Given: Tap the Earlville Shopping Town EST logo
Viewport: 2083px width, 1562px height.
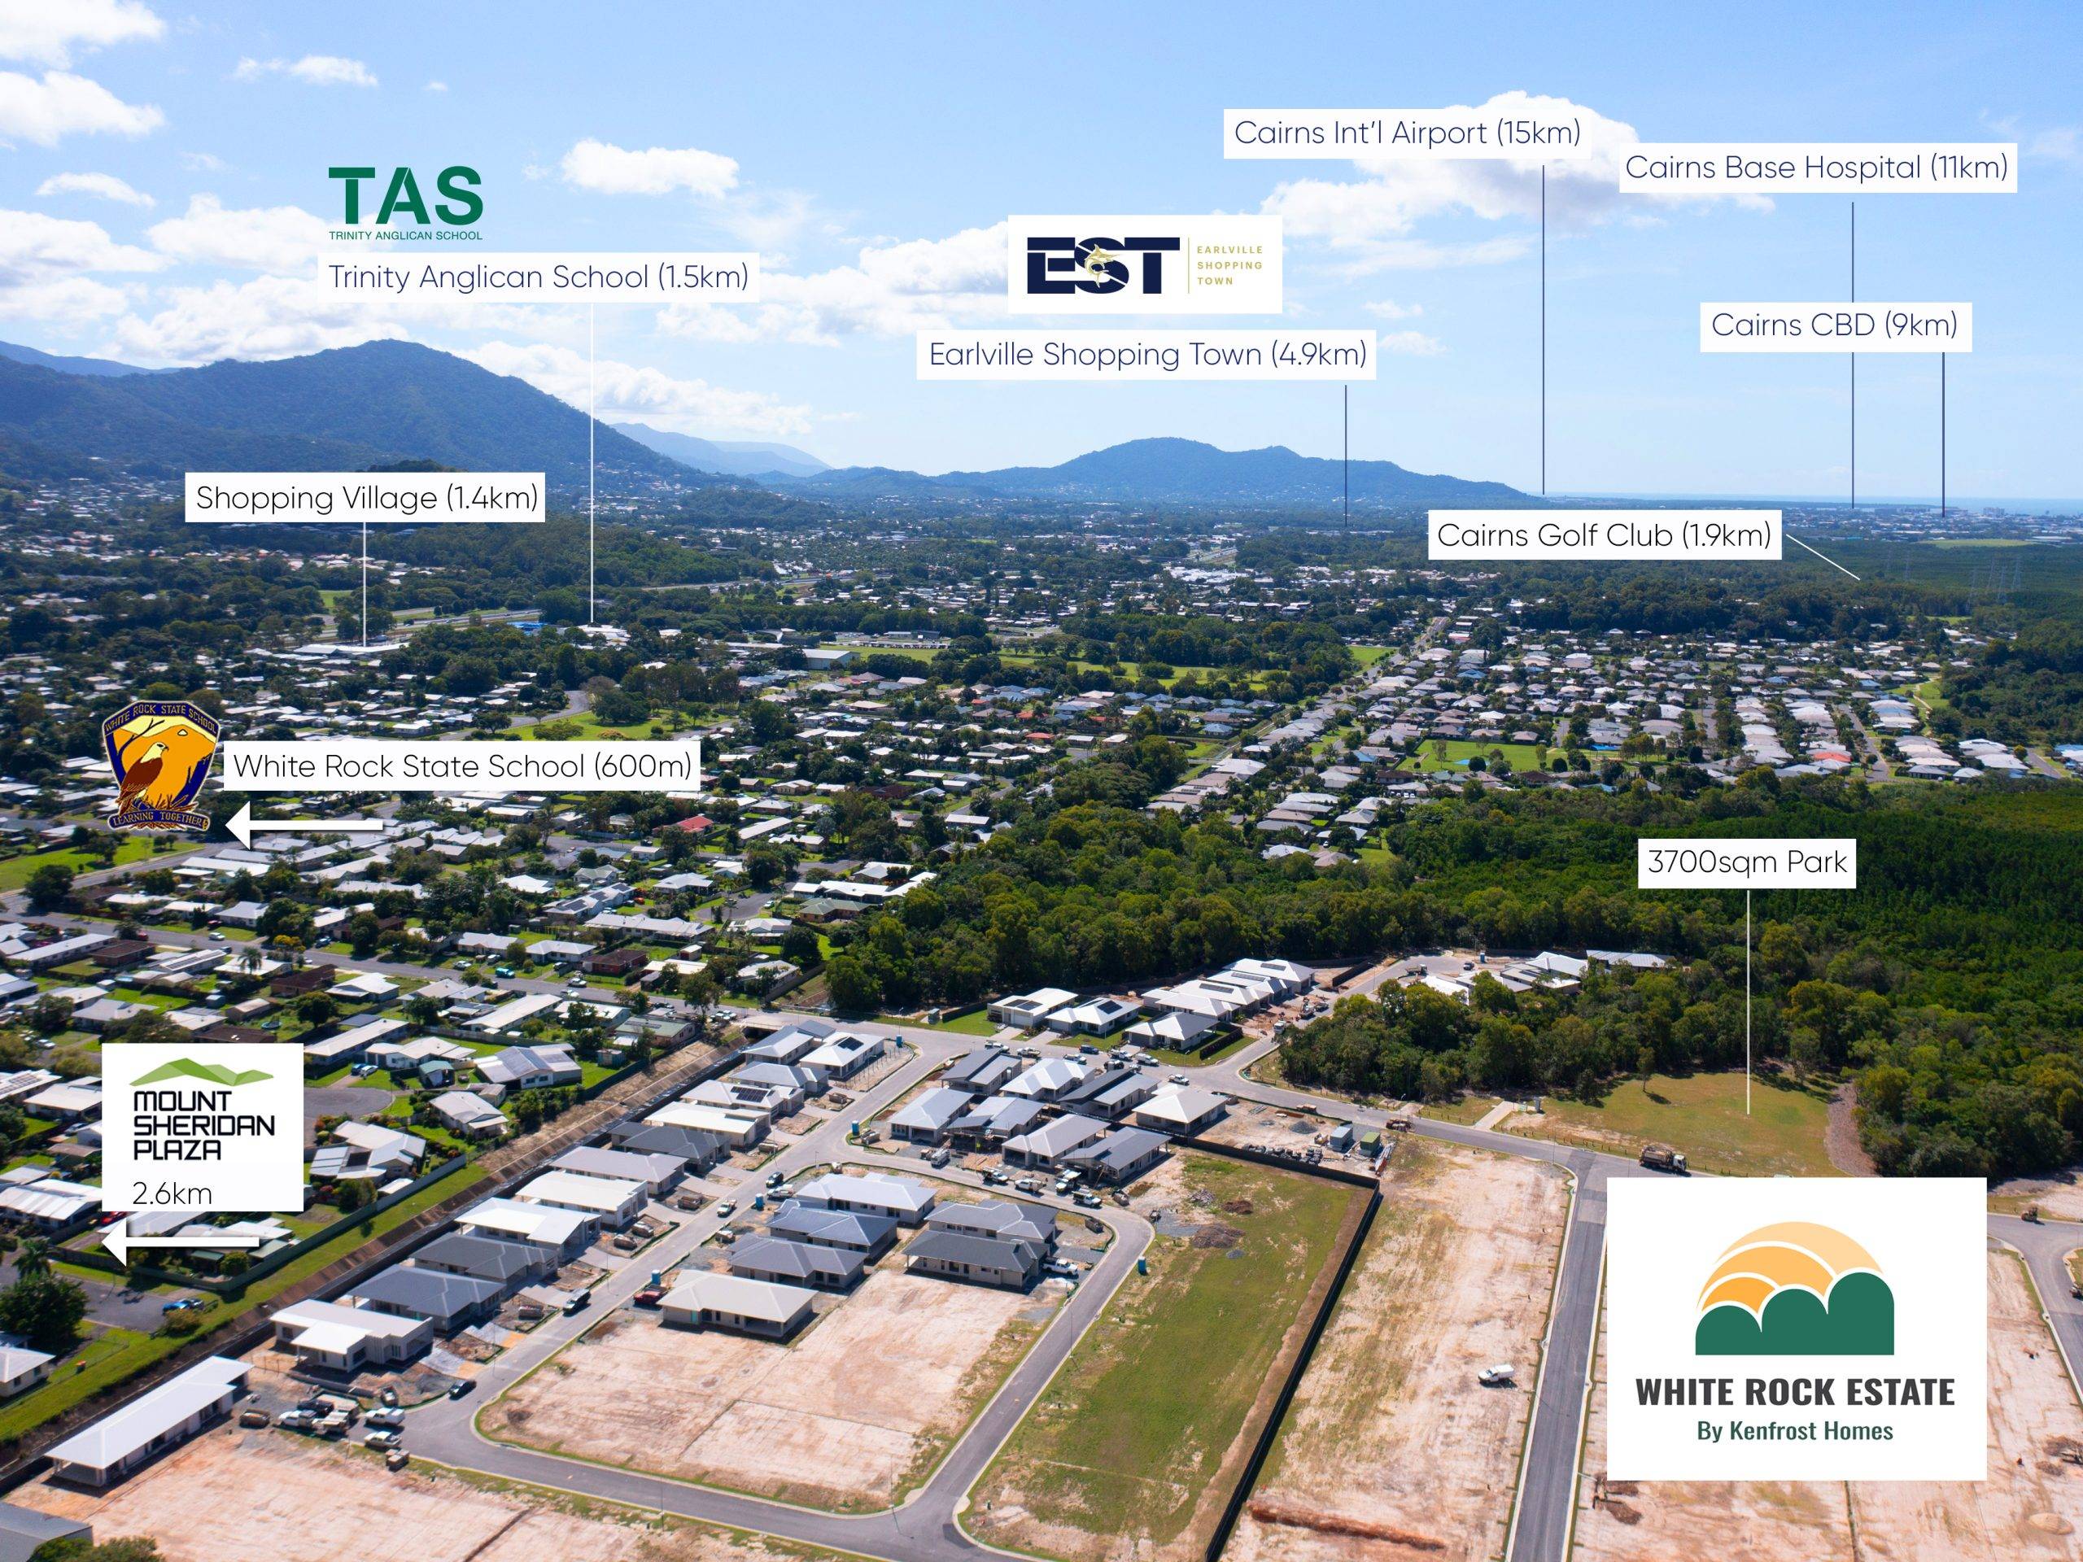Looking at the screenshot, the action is pyautogui.click(x=1144, y=264).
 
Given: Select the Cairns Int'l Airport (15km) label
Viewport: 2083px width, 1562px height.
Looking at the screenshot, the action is pyautogui.click(x=1407, y=133).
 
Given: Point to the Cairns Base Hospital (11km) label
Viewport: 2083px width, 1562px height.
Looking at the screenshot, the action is pyautogui.click(x=1816, y=168).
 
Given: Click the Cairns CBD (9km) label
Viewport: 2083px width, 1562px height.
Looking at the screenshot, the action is pyautogui.click(x=1834, y=325).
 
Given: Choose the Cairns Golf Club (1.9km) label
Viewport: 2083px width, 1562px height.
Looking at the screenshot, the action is pyautogui.click(x=1604, y=534).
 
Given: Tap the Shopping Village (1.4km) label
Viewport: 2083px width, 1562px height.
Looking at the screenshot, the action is pyautogui.click(x=366, y=497).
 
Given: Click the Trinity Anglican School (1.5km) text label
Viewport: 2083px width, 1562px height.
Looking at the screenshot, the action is pyautogui.click(x=538, y=277).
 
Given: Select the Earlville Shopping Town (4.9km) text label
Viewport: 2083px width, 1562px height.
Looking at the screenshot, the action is pyautogui.click(x=1147, y=354).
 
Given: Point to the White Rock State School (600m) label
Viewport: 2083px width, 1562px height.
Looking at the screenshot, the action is pyautogui.click(x=462, y=766).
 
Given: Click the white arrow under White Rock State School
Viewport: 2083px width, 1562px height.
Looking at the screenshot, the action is pyautogui.click(x=304, y=827).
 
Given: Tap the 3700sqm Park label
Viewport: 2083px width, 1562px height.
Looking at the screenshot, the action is pyautogui.click(x=1747, y=862).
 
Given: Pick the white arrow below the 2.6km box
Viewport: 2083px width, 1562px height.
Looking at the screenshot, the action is pyautogui.click(x=180, y=1244).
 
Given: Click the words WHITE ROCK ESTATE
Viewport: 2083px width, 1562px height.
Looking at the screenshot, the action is pyautogui.click(x=1795, y=1392).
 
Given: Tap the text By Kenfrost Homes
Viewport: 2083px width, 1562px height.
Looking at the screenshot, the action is pyautogui.click(x=1795, y=1431).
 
